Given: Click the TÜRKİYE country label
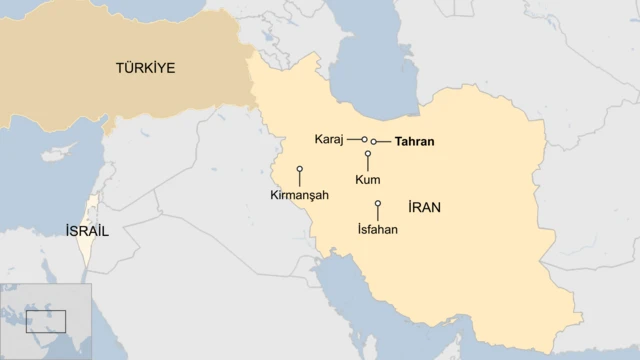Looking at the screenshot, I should [x=145, y=68].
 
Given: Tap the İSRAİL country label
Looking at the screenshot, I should [x=86, y=230].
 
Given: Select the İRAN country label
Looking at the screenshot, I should [x=425, y=207].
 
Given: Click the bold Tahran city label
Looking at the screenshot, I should [x=414, y=142].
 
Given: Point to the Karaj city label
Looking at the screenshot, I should [x=329, y=139].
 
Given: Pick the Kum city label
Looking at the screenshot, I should [x=367, y=179].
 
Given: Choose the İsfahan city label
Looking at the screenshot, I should [x=377, y=229].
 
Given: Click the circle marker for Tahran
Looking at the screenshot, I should [x=374, y=142].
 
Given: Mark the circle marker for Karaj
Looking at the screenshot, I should [x=365, y=139].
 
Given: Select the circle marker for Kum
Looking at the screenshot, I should [x=368, y=154].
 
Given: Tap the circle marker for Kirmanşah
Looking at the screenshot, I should [x=299, y=169].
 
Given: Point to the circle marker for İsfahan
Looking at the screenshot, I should [x=378, y=204].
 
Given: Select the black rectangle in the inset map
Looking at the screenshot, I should [x=45, y=321].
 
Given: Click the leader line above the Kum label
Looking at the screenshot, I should [x=368, y=164].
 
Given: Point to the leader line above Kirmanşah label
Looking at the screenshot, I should [x=299, y=179].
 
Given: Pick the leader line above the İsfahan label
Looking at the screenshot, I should [x=378, y=214].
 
